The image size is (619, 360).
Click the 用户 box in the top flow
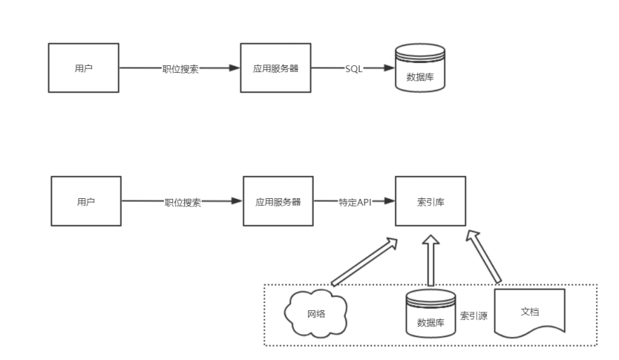point(83,68)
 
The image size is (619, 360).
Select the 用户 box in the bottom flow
point(85,202)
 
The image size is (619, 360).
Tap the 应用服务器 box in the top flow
point(275,68)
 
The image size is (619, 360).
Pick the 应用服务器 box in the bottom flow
point(277,202)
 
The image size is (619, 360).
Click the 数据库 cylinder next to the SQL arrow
point(420,69)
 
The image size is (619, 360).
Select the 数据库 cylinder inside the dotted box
point(431,314)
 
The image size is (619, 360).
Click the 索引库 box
point(429,202)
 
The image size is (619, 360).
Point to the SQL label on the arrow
point(354,69)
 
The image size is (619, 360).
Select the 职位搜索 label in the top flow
point(180,69)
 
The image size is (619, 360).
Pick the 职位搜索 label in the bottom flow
point(183,202)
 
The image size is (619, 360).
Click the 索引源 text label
point(473,315)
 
